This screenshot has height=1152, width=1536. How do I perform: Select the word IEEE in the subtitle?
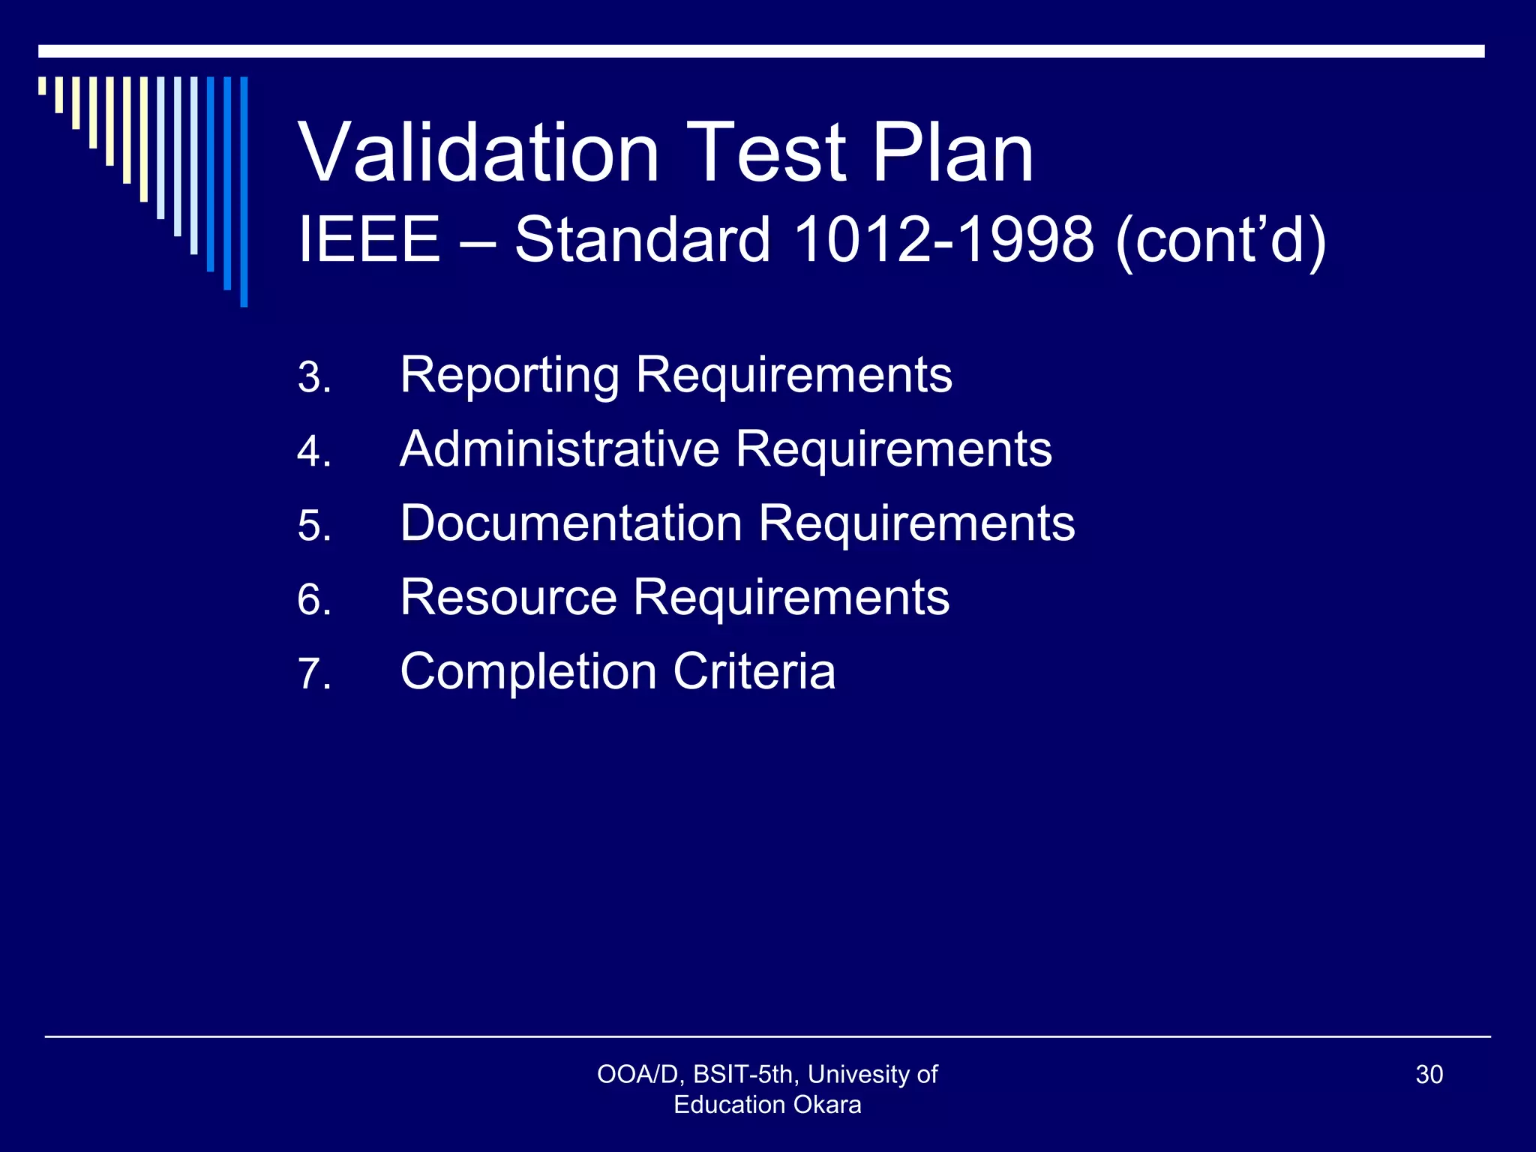(369, 239)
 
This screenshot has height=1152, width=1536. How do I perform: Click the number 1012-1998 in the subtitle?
(943, 239)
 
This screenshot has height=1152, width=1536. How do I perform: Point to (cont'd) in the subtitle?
(1221, 241)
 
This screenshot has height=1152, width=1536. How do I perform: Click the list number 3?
(314, 377)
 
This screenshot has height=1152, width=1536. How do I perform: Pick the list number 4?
(314, 451)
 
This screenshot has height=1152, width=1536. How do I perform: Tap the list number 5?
(314, 525)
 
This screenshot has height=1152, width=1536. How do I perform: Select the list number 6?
(314, 600)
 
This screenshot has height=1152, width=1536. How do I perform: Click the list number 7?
(314, 673)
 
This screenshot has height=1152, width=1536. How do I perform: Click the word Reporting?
(510, 376)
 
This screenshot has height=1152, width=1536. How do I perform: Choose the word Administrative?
(559, 449)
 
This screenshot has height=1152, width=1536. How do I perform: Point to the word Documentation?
(571, 523)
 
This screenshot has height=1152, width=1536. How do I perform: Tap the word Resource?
(508, 597)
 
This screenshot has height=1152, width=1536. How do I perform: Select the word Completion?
(528, 671)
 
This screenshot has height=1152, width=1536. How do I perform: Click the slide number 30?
(1429, 1075)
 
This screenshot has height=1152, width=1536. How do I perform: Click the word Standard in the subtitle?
(643, 239)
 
